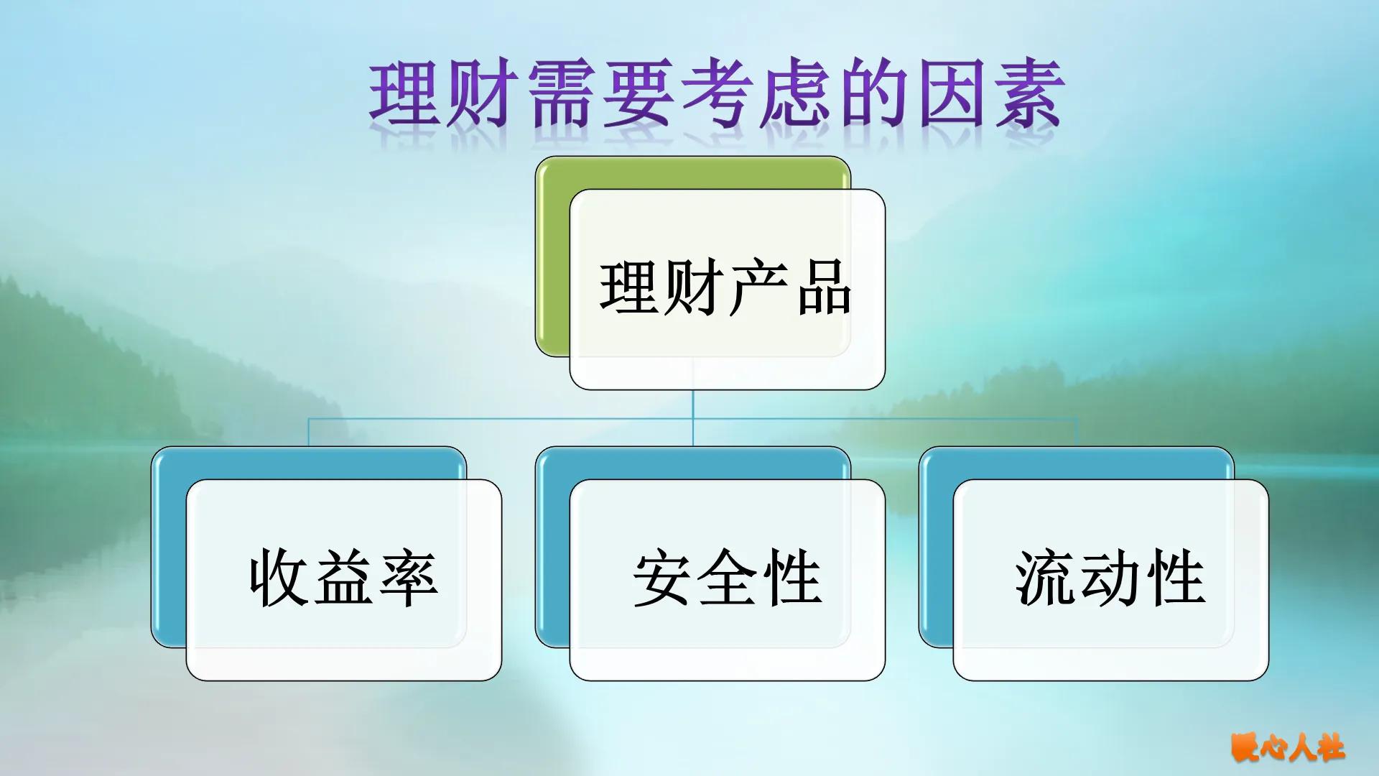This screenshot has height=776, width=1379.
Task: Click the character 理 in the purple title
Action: coord(404,93)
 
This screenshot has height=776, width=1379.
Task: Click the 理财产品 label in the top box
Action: coord(725,289)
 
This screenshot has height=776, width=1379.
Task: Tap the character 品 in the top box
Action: coord(824,289)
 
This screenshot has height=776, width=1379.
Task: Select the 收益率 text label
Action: coord(343,578)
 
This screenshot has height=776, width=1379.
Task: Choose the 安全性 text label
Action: coord(727,578)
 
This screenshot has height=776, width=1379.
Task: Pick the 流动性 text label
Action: coord(1110,578)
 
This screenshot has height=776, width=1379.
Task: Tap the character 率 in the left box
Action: coord(409,578)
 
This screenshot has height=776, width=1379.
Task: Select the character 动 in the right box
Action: coord(1110,578)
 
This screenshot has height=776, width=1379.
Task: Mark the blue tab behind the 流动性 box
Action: coord(936,546)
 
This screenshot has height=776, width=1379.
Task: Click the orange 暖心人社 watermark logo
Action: coord(1289,748)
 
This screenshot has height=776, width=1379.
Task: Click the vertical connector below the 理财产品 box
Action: coord(693,417)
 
